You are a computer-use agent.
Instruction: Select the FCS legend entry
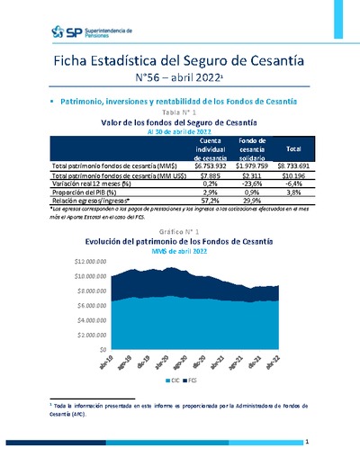[x=192, y=380]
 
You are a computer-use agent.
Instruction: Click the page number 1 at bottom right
[x=307, y=442]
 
